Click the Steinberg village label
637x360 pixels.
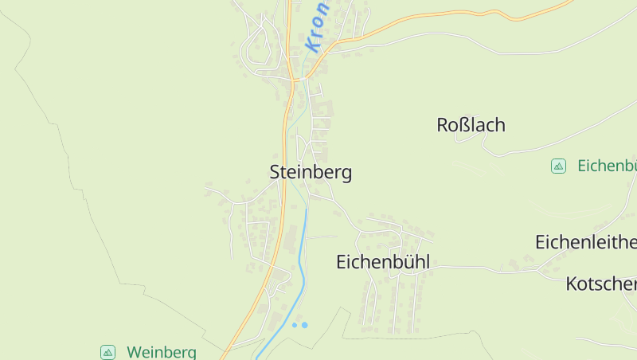click(311, 173)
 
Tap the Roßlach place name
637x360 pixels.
click(471, 125)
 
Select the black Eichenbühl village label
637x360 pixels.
click(383, 262)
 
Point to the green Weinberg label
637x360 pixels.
click(162, 352)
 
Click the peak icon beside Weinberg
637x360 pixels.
click(107, 352)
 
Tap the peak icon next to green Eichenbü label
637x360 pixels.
click(558, 166)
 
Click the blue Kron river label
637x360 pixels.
click(316, 27)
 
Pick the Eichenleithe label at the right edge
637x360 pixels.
click(585, 241)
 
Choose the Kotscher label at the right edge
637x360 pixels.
click(601, 284)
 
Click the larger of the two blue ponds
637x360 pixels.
click(304, 325)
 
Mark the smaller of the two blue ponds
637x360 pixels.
click(294, 326)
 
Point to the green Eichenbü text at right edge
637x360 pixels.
click(607, 166)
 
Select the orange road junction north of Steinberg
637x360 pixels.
click(295, 79)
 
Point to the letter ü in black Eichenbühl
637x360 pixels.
click(406, 262)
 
